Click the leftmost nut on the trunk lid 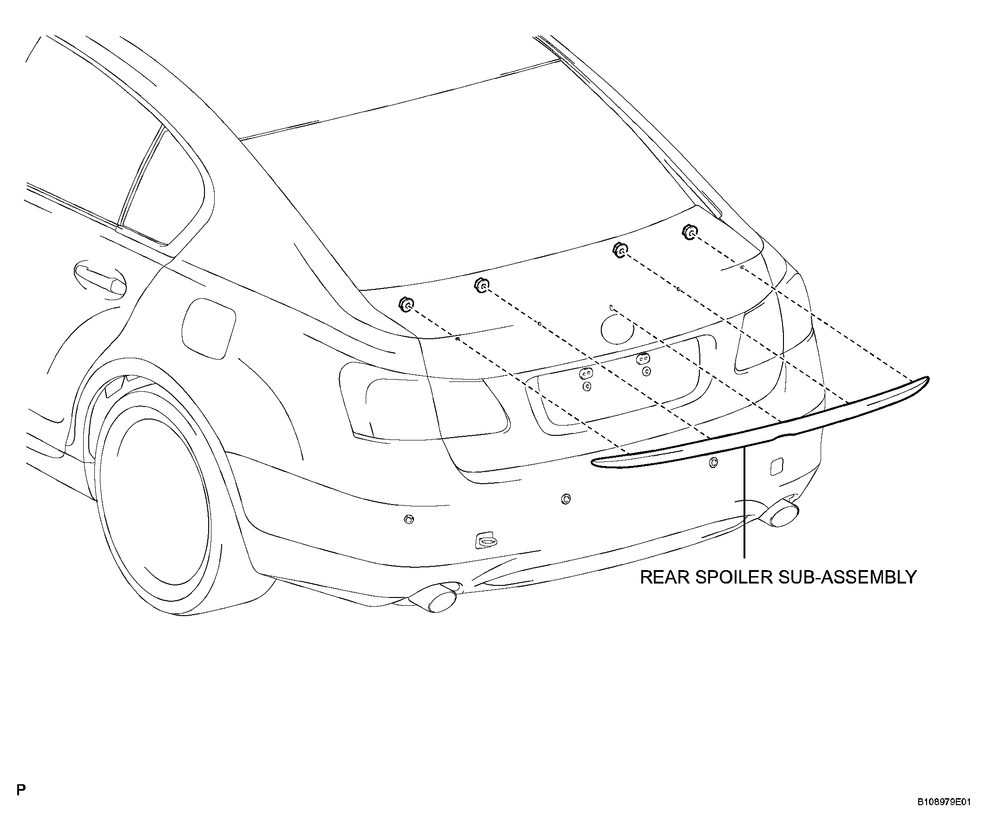point(406,303)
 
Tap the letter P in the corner point(21,790)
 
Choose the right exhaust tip point(781,516)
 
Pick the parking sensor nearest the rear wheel point(408,518)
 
